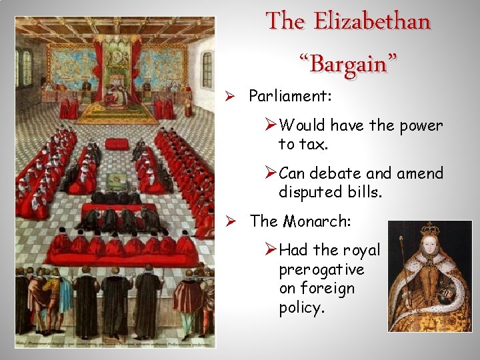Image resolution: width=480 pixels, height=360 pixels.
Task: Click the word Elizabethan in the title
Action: tap(372, 22)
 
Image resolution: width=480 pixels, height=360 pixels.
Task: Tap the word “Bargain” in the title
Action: tap(348, 65)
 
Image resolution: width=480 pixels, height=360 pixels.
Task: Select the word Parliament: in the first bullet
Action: tap(290, 96)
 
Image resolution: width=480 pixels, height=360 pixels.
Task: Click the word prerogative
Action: tap(321, 269)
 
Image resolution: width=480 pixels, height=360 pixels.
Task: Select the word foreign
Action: tap(327, 289)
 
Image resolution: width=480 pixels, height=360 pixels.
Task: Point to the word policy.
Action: tap(300, 308)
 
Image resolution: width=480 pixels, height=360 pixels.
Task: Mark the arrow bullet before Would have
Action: tap(271, 125)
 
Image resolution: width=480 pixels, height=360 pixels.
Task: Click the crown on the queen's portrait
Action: tap(429, 231)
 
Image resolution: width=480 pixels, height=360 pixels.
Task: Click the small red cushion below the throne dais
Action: tap(117, 143)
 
